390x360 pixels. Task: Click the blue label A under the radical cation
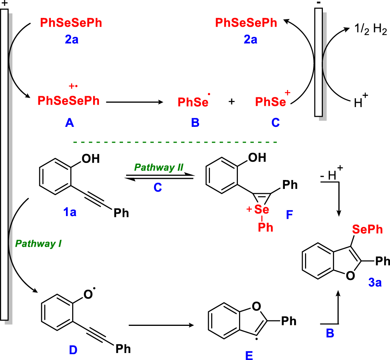click(70, 123)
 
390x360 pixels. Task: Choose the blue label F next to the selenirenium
click(290, 215)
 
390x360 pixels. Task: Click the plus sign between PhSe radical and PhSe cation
click(232, 102)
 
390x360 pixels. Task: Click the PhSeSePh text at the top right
click(246, 23)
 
